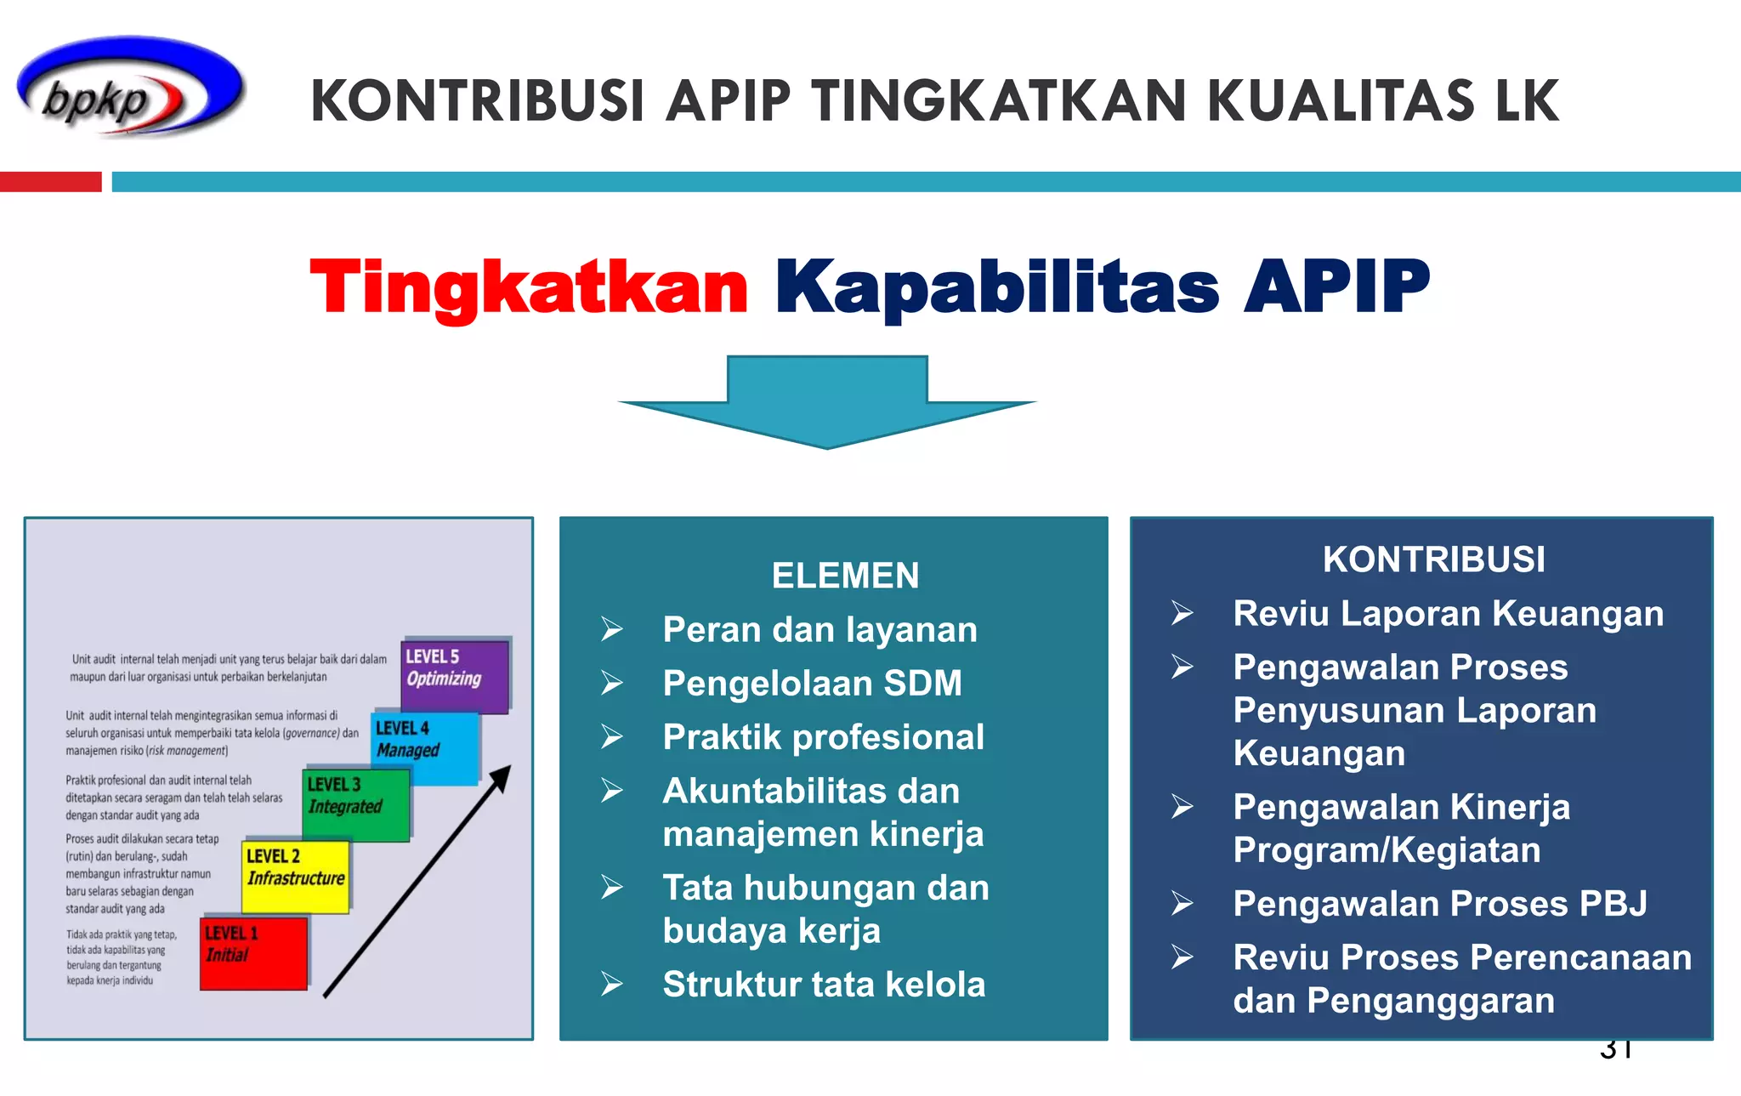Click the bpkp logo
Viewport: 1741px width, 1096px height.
tap(130, 88)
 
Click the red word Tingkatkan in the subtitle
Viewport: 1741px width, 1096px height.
tap(529, 287)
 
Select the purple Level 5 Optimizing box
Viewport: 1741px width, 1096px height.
tap(455, 677)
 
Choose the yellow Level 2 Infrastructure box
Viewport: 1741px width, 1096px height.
tap(296, 877)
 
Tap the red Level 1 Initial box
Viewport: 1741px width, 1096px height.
tap(253, 953)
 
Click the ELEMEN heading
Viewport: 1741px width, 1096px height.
tap(845, 576)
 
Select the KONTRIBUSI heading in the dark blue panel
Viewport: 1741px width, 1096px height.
tap(1433, 559)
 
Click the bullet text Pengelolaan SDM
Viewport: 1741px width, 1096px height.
tap(812, 684)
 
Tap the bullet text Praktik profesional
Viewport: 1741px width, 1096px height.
tap(823, 737)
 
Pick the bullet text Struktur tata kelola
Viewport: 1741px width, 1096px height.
tap(824, 985)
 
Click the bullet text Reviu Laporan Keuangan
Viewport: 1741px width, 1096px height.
tap(1448, 614)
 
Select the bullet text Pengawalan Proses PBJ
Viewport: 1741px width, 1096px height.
tap(1440, 904)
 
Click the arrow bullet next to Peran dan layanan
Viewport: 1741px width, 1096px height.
tap(612, 630)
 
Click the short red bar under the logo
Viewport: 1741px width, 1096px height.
tap(51, 182)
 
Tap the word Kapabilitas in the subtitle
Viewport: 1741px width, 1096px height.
tap(996, 287)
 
